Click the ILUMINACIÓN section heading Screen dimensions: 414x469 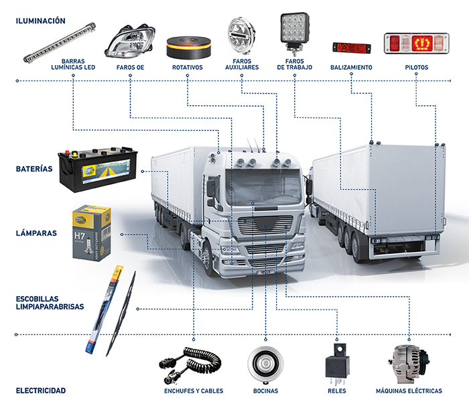click(41, 21)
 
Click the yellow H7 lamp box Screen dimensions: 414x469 click(91, 232)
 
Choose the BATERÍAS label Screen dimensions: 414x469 click(34, 169)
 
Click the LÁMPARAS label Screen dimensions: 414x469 click(36, 234)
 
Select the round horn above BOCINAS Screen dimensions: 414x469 click(265, 365)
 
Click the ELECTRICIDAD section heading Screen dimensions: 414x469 click(41, 391)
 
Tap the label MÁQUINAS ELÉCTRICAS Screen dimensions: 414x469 click(409, 391)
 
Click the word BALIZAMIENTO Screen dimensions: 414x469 click(351, 68)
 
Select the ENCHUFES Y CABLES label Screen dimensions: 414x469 click(194, 391)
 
